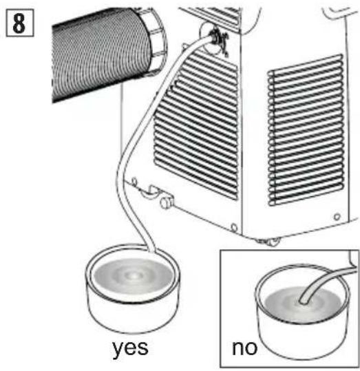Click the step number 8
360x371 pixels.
pyautogui.click(x=19, y=23)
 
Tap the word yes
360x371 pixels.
pyautogui.click(x=130, y=348)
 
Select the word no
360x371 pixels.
pyautogui.click(x=244, y=348)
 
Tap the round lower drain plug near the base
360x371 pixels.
pyautogui.click(x=165, y=202)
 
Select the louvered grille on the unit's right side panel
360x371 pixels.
pyautogui.click(x=306, y=129)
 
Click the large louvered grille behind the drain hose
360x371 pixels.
pyautogui.click(x=196, y=125)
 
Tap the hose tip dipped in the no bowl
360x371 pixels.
pyautogui.click(x=303, y=301)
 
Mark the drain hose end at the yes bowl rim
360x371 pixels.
pyautogui.click(x=151, y=250)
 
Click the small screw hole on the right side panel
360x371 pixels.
pyautogui.click(x=337, y=217)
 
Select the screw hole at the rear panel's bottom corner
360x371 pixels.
pyautogui.click(x=233, y=227)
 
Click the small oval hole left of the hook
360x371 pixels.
pyautogui.click(x=134, y=182)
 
